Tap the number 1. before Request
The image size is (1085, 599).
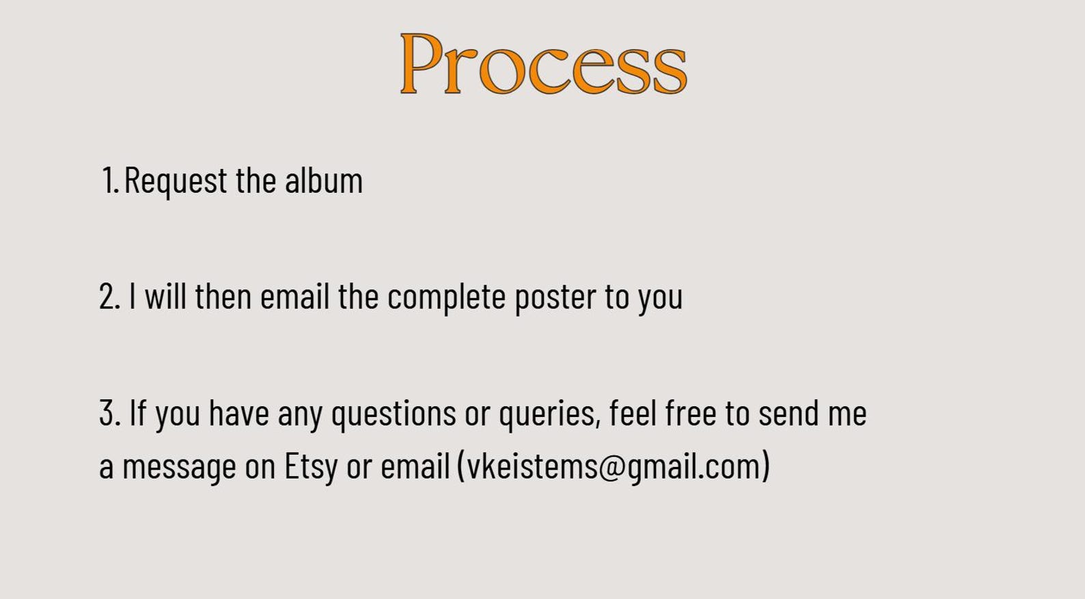110,181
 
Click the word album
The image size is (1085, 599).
324,181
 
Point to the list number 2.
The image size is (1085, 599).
109,297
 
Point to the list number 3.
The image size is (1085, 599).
110,413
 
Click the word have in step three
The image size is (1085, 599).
238,413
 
